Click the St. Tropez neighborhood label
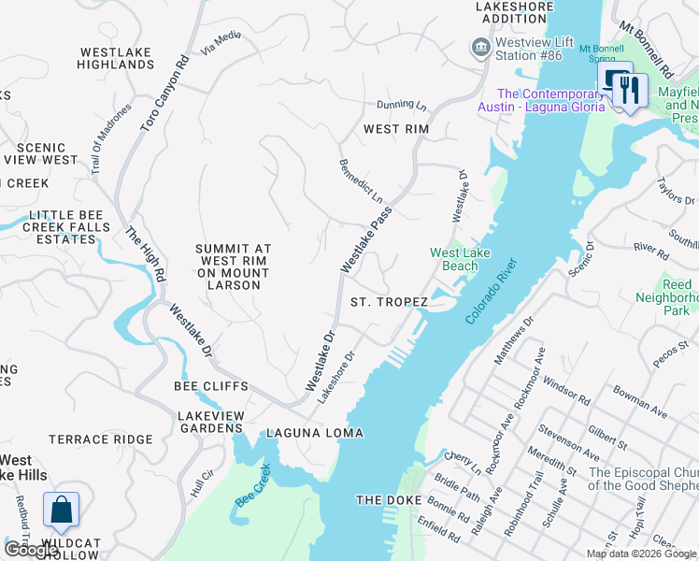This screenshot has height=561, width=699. (389, 302)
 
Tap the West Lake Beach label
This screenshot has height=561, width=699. (454, 259)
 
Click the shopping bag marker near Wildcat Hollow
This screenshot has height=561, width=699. (61, 511)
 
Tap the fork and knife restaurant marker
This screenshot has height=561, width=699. (629, 90)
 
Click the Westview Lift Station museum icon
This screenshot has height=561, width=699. (480, 47)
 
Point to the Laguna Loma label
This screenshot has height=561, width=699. (314, 433)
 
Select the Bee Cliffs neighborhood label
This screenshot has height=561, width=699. (211, 386)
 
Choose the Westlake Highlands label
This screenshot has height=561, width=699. (117, 58)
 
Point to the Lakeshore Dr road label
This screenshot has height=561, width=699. (337, 377)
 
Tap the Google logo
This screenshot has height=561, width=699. (30, 550)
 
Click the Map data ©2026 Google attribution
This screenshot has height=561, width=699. (640, 554)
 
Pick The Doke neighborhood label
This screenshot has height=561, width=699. (385, 501)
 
